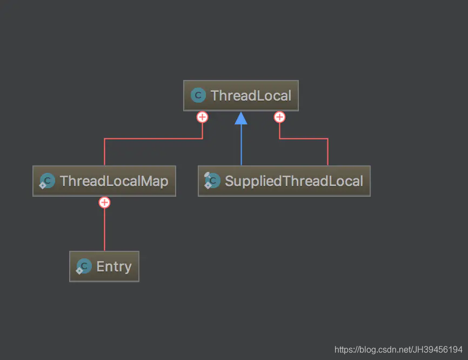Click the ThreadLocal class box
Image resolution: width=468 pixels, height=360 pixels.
[241, 96]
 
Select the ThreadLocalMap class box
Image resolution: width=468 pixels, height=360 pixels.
[104, 181]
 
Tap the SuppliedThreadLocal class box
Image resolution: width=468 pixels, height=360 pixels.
[284, 181]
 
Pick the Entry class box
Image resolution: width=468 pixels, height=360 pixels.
[104, 266]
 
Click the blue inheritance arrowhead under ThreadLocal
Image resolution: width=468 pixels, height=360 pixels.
[241, 118]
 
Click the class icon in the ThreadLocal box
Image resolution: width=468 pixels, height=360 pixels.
[198, 96]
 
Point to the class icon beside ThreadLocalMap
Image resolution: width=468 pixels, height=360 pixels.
[47, 181]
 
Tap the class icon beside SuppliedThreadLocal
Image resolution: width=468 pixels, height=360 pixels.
[212, 181]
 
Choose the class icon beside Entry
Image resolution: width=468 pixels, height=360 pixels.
[84, 266]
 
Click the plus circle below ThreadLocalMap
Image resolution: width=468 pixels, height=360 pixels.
[104, 203]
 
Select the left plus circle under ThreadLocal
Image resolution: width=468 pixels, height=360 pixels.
[202, 117]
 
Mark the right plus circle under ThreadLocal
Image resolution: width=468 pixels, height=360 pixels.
[279, 117]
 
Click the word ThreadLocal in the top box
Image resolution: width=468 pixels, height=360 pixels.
[251, 96]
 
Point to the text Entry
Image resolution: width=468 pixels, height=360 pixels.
[114, 266]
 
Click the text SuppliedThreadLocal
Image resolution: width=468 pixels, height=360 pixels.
[294, 181]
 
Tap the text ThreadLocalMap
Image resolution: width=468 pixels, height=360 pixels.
[114, 181]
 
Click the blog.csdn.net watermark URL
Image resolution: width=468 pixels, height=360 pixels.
[398, 350]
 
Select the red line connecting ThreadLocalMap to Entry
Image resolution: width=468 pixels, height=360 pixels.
[104, 230]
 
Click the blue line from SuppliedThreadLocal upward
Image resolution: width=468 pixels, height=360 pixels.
[241, 146]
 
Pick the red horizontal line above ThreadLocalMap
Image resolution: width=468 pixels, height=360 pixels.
[153, 139]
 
